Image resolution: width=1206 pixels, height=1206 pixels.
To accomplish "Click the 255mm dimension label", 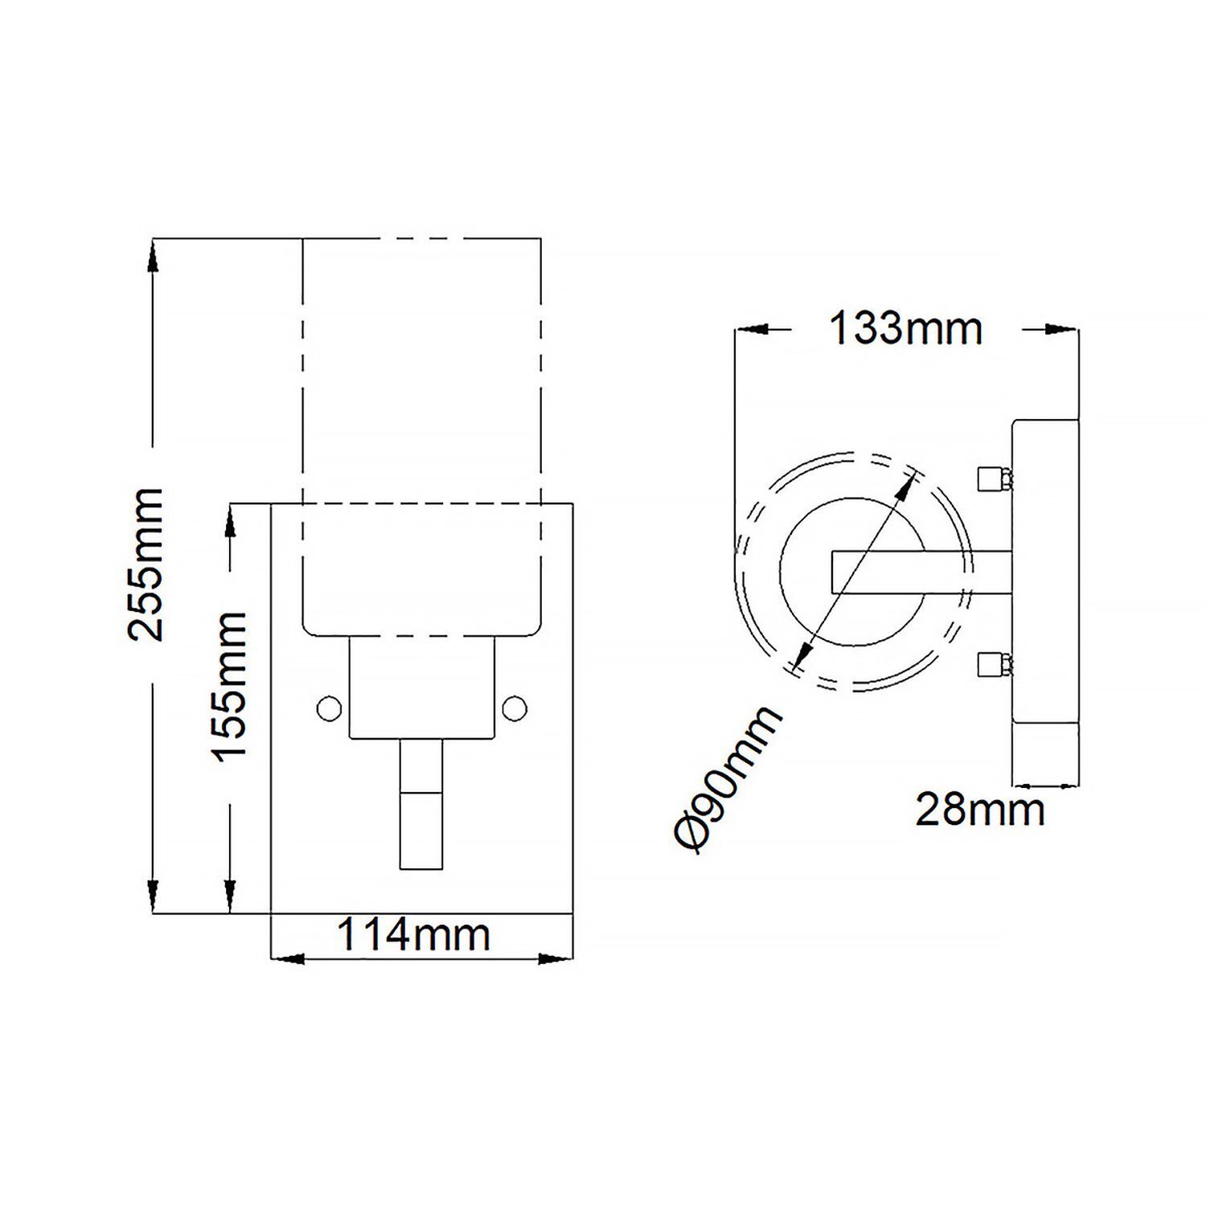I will click(x=146, y=564).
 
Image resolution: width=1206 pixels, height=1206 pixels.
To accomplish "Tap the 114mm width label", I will click(x=412, y=935).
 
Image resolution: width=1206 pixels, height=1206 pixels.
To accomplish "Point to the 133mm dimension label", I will click(x=905, y=329).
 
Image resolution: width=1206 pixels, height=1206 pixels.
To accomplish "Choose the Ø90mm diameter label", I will click(x=727, y=777).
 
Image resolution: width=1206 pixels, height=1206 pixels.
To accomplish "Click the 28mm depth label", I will click(x=980, y=810).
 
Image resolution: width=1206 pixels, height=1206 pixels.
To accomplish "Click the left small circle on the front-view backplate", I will click(x=329, y=708).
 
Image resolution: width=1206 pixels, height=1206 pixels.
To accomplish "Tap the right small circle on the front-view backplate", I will click(x=514, y=708).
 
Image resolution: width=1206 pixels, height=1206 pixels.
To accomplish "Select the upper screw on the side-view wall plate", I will click(x=994, y=480).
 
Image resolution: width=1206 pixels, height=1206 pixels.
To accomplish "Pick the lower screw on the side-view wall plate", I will click(x=994, y=664).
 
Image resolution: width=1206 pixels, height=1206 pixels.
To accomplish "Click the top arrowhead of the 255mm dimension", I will click(x=152, y=256).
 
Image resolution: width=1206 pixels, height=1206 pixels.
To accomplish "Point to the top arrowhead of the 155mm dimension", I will click(x=230, y=521).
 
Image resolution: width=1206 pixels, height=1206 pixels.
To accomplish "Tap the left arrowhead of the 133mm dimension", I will click(x=753, y=329).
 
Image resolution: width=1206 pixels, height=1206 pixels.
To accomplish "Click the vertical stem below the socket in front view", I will click(x=420, y=804).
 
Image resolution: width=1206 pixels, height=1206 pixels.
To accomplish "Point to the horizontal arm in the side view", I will click(x=921, y=572).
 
